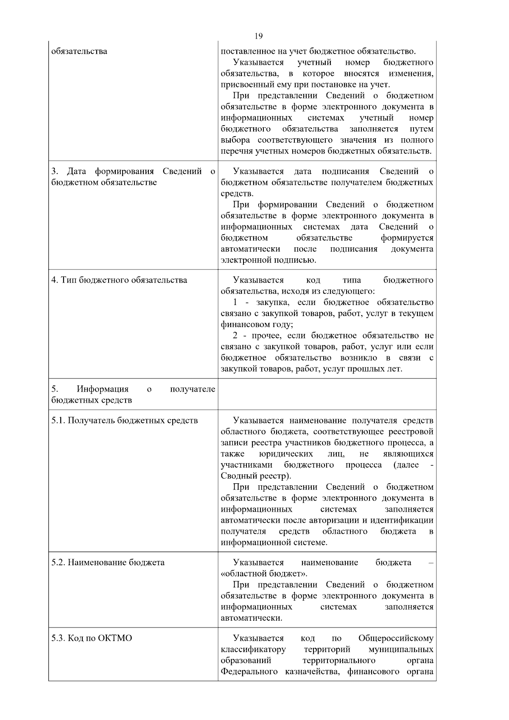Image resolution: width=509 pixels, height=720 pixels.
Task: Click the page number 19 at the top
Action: (259, 36)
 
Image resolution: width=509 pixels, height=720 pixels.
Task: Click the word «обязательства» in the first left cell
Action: (79, 51)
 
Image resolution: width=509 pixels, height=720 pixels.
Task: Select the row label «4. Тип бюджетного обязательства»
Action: (119, 280)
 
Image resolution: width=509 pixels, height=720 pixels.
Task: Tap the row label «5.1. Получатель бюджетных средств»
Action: (125, 420)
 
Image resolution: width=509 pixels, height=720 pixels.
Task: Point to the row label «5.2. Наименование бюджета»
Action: (108, 563)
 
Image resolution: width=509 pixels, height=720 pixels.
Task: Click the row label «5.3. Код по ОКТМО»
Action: (92, 638)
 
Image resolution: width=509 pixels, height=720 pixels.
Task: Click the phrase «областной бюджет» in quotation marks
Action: (263, 574)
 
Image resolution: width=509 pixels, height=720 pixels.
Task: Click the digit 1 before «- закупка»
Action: (235, 303)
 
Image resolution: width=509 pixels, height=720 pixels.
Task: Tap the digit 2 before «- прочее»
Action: (235, 336)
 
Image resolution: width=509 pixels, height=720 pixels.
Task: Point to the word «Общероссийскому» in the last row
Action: (396, 638)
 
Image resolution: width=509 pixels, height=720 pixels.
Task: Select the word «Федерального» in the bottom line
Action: (249, 671)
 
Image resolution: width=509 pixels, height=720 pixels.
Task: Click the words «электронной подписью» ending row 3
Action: (268, 260)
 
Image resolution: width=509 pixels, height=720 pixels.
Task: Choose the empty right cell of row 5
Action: (327, 394)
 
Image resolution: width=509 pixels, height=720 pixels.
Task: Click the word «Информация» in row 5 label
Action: (102, 389)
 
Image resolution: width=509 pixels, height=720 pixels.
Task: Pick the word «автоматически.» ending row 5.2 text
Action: (252, 618)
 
